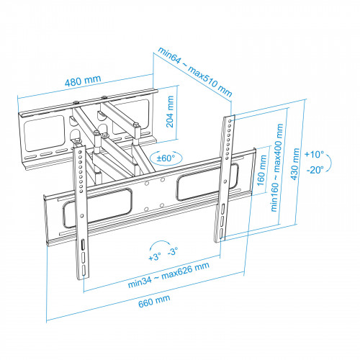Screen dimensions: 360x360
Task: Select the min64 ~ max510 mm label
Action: tap(195, 71)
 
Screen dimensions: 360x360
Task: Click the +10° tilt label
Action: tap(314, 154)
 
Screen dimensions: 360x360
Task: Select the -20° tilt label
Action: tap(314, 170)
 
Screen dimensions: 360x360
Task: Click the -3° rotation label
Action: tap(173, 253)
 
